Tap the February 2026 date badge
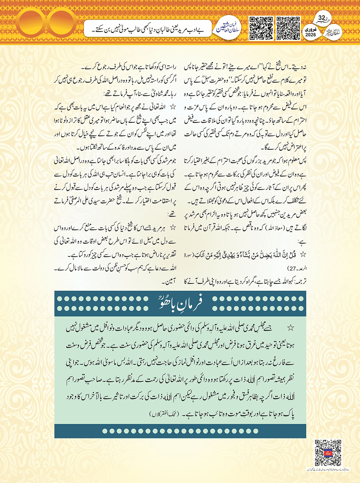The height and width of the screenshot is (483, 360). (x=310, y=32)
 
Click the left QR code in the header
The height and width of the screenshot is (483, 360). (x=261, y=28)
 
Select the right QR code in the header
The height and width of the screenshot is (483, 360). (x=288, y=28)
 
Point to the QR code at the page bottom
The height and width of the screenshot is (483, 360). (x=328, y=453)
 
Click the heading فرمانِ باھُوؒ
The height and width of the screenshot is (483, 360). (x=180, y=304)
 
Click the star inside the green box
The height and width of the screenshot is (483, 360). (x=291, y=328)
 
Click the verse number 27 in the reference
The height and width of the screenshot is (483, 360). (x=292, y=269)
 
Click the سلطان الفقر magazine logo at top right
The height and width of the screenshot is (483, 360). (x=332, y=34)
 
